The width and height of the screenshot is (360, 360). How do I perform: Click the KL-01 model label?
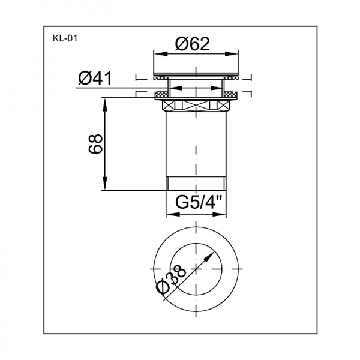(65, 38)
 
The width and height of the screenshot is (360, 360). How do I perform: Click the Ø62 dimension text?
(193, 44)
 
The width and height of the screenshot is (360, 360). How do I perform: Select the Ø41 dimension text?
(95, 78)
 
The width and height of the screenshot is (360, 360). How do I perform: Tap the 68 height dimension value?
(95, 144)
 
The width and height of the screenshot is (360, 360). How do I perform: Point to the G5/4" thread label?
(199, 202)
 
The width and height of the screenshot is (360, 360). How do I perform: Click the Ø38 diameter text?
(171, 279)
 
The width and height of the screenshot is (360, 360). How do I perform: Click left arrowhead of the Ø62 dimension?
(160, 54)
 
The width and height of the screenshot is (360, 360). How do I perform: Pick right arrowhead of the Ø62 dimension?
(232, 54)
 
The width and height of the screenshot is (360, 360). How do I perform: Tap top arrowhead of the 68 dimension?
(104, 104)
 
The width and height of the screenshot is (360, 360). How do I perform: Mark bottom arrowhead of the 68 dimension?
(104, 183)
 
